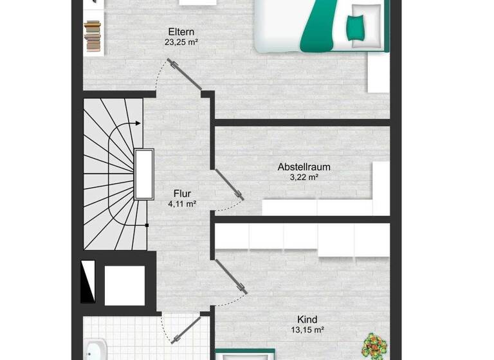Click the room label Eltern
(181, 32)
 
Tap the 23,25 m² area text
(181, 43)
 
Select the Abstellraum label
(304, 166)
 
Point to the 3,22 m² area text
(304, 177)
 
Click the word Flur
(182, 193)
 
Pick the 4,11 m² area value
(182, 204)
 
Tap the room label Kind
(307, 319)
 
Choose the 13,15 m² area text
(307, 330)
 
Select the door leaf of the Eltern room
(185, 75)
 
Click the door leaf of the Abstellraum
(229, 184)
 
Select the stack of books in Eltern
(93, 36)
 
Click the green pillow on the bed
(355, 25)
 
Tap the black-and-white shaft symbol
(88, 282)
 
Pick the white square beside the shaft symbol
(124, 285)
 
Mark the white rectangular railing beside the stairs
(143, 174)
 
